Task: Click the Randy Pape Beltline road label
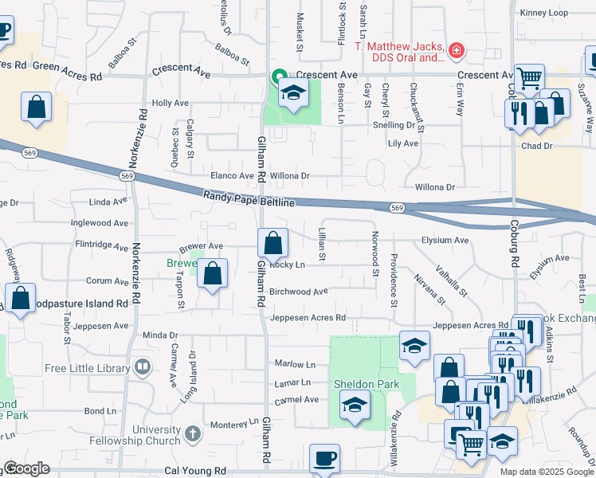249,198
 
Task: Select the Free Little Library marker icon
143,367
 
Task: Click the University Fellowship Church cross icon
192,434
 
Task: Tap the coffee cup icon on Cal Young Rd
324,458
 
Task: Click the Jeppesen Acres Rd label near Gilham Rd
308,318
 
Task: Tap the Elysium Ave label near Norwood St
445,240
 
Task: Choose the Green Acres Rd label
68,77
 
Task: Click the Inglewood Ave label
99,223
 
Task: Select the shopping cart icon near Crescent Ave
529,78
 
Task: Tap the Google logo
26,468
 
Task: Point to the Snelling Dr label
394,125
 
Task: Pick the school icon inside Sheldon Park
355,406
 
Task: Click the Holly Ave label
170,103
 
